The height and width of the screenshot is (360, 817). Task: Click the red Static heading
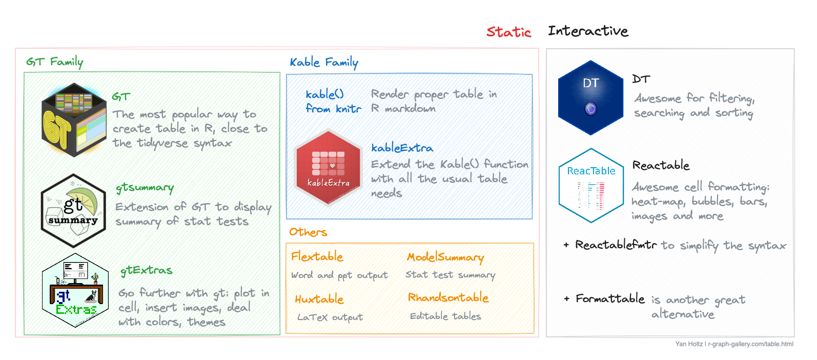click(x=508, y=32)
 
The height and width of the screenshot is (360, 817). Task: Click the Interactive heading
click(x=588, y=31)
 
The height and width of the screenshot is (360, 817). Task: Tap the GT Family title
click(x=55, y=62)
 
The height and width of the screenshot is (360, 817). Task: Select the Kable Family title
click(x=324, y=63)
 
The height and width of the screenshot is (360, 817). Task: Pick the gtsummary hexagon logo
click(x=73, y=211)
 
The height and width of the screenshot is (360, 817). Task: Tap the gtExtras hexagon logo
click(x=75, y=290)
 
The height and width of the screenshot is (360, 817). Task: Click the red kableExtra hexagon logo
click(x=328, y=168)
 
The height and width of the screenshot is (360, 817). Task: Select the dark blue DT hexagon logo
click(x=590, y=98)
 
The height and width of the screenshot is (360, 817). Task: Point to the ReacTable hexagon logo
click(x=591, y=186)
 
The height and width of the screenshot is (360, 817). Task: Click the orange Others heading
click(x=308, y=232)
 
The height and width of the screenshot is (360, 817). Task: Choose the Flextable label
click(x=317, y=256)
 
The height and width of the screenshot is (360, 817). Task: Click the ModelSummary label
click(x=445, y=257)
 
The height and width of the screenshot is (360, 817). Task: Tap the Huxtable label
click(x=319, y=299)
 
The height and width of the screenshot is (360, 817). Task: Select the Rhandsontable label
click(x=448, y=297)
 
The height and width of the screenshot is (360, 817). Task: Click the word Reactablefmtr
click(x=616, y=245)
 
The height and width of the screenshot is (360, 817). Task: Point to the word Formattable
click(x=610, y=298)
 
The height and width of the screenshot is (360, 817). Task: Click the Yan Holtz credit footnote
click(x=734, y=344)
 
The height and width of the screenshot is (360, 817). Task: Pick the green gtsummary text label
click(x=145, y=188)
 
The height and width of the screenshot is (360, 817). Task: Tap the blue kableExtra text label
click(x=402, y=148)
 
